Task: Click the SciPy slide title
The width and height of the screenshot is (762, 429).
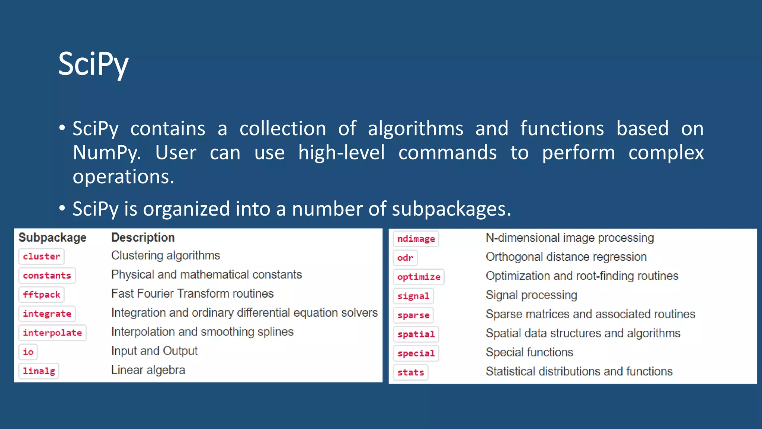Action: click(93, 64)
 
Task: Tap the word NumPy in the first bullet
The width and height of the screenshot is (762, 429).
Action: click(106, 153)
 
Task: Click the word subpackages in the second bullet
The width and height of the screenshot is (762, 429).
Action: click(451, 209)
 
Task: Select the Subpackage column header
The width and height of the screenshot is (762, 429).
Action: click(52, 238)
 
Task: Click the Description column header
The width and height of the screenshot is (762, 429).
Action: click(143, 238)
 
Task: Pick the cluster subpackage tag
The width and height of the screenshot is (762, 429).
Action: click(41, 257)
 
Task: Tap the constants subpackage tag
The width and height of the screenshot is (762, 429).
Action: click(47, 276)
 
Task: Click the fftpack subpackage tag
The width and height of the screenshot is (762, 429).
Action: click(41, 295)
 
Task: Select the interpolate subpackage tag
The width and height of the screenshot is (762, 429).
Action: click(52, 333)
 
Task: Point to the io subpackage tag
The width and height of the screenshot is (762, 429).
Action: click(28, 352)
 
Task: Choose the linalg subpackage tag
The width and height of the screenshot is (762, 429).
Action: click(39, 371)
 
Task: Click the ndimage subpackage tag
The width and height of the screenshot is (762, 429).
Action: click(416, 239)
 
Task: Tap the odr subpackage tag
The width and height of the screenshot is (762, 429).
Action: click(405, 258)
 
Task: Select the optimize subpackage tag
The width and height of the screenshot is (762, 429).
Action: click(419, 277)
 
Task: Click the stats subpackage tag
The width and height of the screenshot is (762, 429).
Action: click(410, 372)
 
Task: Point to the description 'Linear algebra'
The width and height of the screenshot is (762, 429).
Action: click(148, 370)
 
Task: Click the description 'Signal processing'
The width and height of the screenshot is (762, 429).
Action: click(531, 295)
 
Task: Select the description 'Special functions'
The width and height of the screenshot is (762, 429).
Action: click(529, 352)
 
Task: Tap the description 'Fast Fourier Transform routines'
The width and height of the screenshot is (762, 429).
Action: click(192, 294)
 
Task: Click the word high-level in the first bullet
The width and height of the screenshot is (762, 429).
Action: click(341, 153)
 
